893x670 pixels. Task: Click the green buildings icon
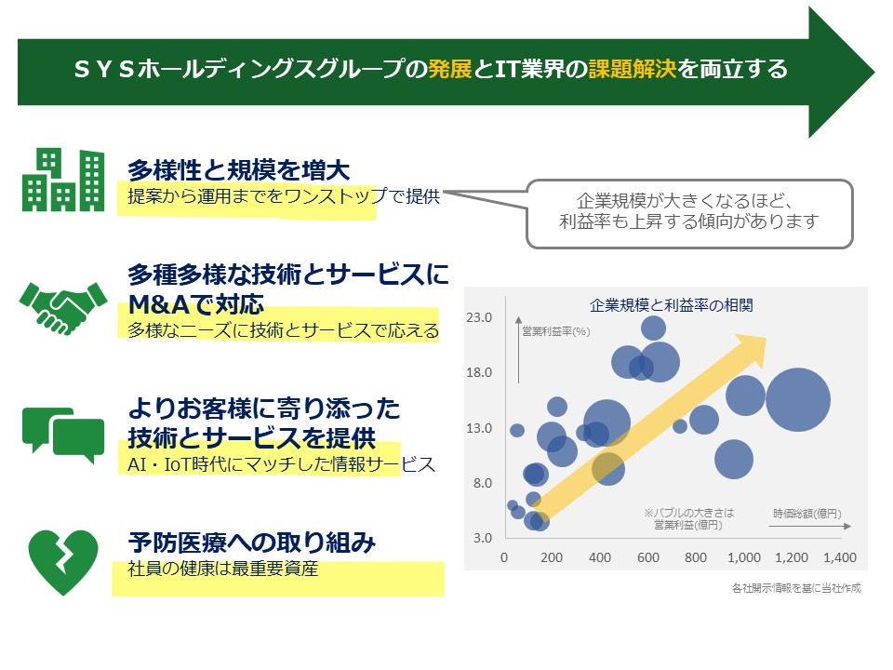(63, 180)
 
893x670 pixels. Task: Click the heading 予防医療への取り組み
(251, 542)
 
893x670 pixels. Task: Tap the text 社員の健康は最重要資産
(223, 569)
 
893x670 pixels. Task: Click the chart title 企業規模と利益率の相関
(671, 304)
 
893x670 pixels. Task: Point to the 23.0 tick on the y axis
(479, 318)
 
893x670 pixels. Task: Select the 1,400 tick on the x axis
(838, 558)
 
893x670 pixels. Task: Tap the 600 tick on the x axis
(647, 558)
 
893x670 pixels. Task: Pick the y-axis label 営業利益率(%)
(555, 330)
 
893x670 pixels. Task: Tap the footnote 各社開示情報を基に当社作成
(796, 588)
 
